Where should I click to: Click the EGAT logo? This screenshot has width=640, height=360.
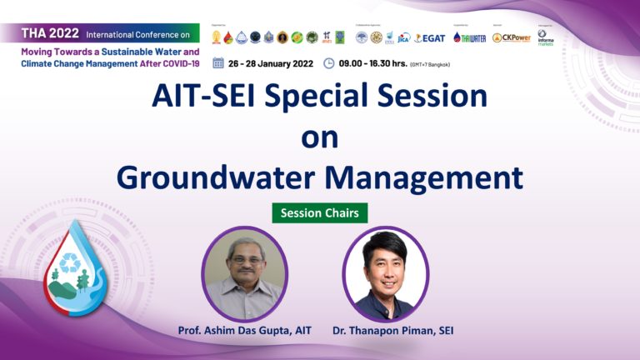point(431,37)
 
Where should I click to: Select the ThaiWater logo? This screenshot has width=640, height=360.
point(469,37)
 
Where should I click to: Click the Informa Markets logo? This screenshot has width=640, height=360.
point(545,37)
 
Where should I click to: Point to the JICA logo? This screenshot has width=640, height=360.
point(404,37)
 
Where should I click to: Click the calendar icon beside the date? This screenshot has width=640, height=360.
point(218,62)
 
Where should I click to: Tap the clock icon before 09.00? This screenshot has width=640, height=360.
point(329,62)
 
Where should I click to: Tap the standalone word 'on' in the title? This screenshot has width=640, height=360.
point(319,137)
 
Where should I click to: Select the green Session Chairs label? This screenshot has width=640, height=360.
point(320,213)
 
